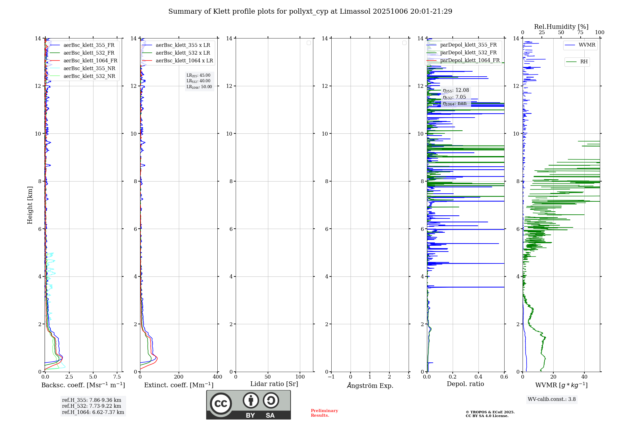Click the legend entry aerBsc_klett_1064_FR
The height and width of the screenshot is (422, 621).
point(90,61)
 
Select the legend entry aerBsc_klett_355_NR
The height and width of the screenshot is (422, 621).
point(89,69)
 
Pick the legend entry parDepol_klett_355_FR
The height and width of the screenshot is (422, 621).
point(468,45)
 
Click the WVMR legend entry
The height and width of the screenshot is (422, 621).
point(587,45)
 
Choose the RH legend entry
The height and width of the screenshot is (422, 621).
point(583,62)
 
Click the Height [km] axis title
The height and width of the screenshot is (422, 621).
point(30,205)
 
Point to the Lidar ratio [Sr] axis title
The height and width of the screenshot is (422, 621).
point(274,384)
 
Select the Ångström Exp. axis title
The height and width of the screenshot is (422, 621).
point(370,386)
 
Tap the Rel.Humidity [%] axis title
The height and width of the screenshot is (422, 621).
point(561,27)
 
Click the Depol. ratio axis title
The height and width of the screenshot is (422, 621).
point(465,384)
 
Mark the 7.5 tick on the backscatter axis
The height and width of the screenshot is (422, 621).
point(117,377)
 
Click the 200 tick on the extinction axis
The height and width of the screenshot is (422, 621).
point(179,377)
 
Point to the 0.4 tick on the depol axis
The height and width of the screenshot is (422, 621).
point(478,377)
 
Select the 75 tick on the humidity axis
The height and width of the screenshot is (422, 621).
point(580,33)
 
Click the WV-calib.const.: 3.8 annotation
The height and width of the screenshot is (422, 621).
point(551,399)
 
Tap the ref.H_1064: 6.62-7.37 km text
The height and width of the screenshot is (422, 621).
point(93,412)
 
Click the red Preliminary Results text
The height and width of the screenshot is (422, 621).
point(324,413)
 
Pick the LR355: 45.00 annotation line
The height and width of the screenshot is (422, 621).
point(198,75)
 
